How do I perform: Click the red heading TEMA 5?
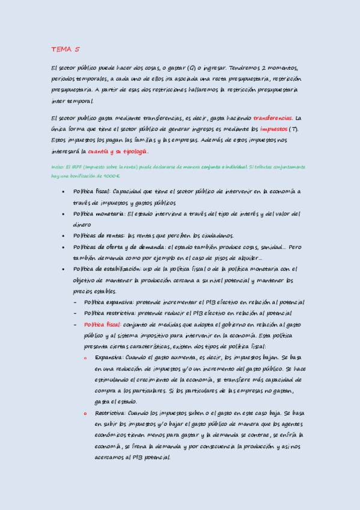[65, 49]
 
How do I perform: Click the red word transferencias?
[273, 118]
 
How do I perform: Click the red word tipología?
[133, 152]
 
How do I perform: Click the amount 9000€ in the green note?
[111, 176]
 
